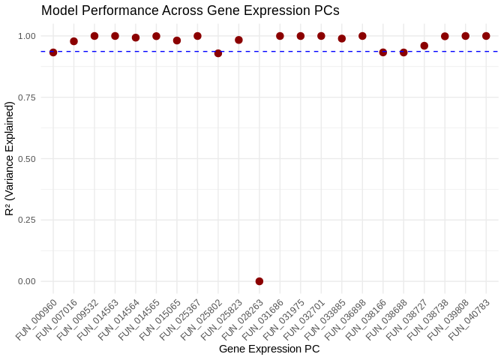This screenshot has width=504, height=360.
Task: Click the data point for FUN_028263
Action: (x=259, y=281)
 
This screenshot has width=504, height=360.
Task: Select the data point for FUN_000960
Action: (x=53, y=52)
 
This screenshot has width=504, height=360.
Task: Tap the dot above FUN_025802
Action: (x=218, y=53)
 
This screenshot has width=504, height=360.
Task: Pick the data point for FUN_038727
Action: (x=424, y=46)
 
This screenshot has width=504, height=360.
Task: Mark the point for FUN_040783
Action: (x=486, y=36)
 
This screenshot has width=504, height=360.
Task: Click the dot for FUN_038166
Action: (x=383, y=52)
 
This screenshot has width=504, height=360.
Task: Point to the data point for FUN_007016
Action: (x=73, y=41)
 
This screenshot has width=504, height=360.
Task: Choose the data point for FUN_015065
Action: (x=177, y=40)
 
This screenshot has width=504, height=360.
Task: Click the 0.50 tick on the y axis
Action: (x=26, y=159)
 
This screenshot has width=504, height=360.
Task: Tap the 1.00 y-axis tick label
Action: (x=26, y=36)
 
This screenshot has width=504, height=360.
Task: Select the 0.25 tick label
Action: (x=26, y=220)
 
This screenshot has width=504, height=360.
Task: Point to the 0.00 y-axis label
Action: (x=26, y=281)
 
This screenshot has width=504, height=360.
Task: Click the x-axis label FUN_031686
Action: (x=264, y=318)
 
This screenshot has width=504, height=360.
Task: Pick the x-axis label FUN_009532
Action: (x=79, y=318)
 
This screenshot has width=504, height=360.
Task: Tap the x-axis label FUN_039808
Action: (x=449, y=318)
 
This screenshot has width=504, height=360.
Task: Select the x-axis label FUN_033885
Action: (x=325, y=318)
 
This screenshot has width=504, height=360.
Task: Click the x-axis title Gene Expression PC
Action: (x=269, y=349)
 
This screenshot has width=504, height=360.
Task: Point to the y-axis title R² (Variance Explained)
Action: (x=9, y=159)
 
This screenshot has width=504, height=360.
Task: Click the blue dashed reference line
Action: (x=300, y=51)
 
